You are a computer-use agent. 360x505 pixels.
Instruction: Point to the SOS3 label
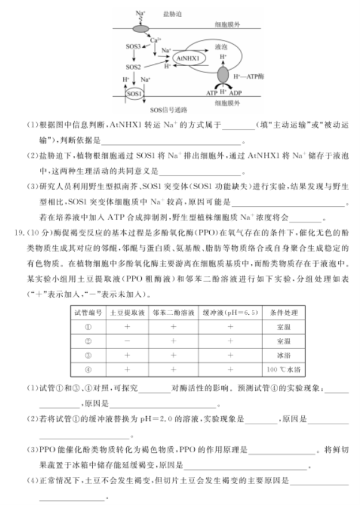point(133,46)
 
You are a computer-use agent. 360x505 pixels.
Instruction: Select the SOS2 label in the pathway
point(133,67)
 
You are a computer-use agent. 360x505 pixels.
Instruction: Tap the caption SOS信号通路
point(168,110)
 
